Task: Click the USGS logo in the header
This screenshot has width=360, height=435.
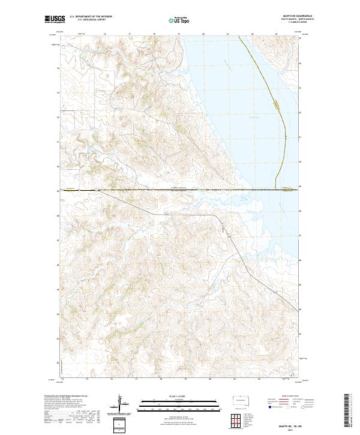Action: pos(53,19)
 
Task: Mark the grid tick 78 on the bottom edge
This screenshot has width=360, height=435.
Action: pos(161,379)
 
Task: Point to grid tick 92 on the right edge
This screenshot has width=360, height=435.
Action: pos(301,112)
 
